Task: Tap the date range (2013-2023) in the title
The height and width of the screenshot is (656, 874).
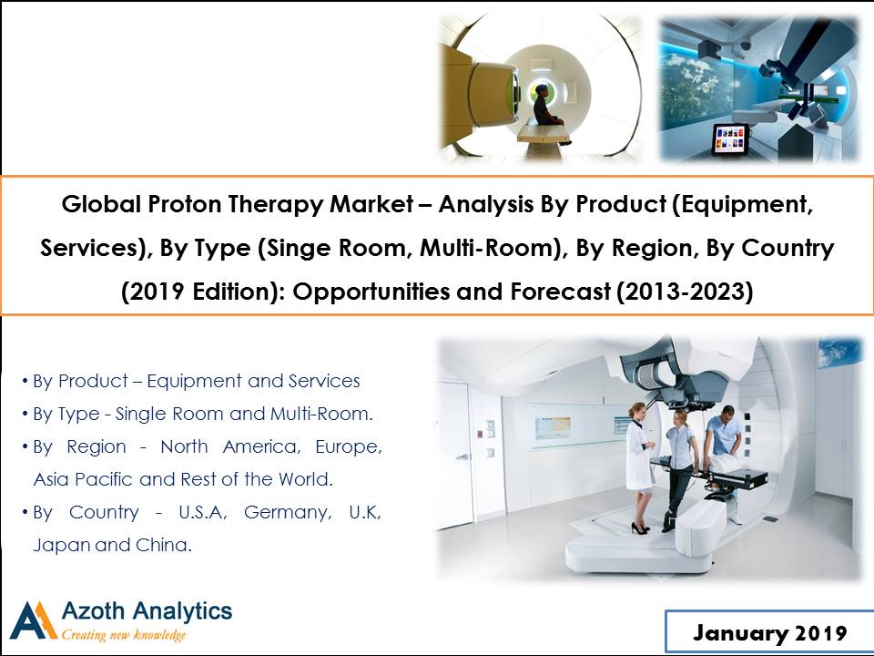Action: coord(685,292)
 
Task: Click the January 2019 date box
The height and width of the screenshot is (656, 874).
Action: coord(769,632)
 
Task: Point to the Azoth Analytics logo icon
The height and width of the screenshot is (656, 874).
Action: coord(34,620)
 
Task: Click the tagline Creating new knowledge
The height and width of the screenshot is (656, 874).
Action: coord(123,635)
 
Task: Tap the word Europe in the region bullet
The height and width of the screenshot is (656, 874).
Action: coord(349,446)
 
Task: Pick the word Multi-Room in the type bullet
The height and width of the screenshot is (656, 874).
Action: coord(321,414)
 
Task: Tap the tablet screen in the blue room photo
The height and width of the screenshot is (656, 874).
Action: coord(729,138)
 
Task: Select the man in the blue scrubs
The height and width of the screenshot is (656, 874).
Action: coord(726,446)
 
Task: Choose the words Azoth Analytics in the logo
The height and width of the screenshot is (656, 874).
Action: coord(147,611)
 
